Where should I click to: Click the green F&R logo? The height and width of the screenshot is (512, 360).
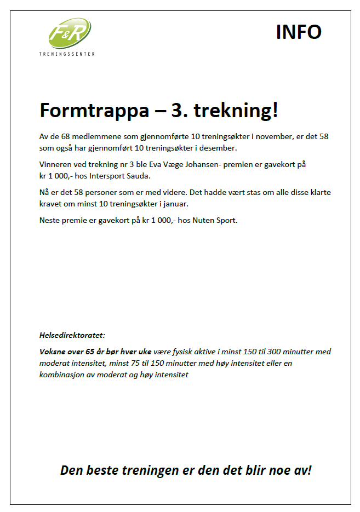69,33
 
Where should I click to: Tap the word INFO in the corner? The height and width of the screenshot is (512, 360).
298,32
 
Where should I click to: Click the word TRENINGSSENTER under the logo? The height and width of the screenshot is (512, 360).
67,54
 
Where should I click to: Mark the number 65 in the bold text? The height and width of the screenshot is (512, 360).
91,351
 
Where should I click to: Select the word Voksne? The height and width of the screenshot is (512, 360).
53,351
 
